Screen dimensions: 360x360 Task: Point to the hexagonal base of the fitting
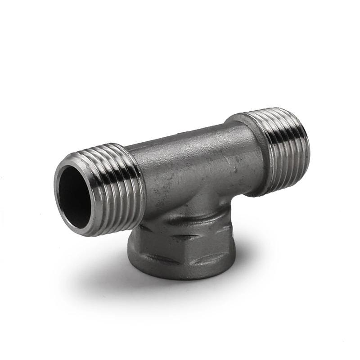coord(175,252)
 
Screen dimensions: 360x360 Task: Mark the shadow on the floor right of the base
coord(243,265)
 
